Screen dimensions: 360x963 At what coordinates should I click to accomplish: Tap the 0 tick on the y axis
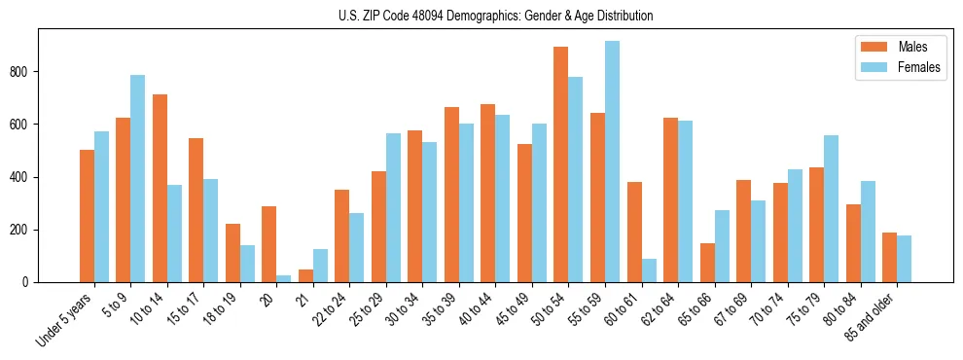click(x=28, y=282)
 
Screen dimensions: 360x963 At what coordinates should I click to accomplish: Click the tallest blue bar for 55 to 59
click(x=612, y=162)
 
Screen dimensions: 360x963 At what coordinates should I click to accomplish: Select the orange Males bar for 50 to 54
click(x=560, y=164)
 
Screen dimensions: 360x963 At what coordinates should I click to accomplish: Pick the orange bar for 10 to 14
click(x=160, y=188)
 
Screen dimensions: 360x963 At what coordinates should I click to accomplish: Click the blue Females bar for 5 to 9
click(x=137, y=178)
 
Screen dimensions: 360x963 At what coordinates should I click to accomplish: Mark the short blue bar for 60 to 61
click(x=649, y=270)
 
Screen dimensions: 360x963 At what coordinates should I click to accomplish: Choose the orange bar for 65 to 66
click(x=707, y=263)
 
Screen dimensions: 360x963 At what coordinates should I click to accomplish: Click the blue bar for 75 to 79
click(x=831, y=208)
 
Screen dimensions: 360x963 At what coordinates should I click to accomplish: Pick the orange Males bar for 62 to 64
click(x=670, y=199)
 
